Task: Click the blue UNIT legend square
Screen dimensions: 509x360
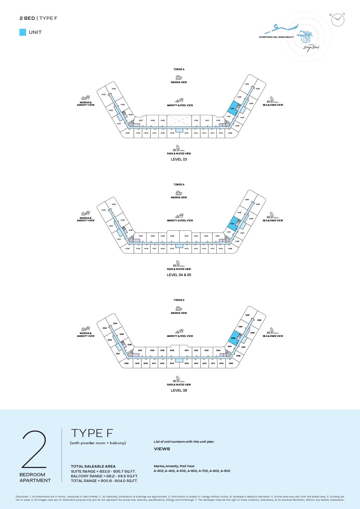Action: click(23, 32)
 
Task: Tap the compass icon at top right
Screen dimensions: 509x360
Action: click(338, 19)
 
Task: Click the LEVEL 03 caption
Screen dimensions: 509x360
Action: click(179, 159)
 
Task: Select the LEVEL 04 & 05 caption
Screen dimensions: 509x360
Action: click(179, 275)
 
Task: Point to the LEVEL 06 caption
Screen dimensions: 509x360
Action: click(179, 391)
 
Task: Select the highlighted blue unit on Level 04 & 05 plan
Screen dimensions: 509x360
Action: click(233, 223)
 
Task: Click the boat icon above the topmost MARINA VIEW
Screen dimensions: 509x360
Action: click(179, 77)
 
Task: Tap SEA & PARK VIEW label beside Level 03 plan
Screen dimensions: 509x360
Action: click(273, 105)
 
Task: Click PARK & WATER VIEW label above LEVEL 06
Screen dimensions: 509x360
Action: click(179, 385)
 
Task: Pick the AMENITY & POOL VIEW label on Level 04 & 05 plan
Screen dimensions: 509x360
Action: click(180, 221)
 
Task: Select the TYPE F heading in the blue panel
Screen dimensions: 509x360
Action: click(92, 433)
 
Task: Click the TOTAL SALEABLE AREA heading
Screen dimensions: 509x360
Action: click(93, 467)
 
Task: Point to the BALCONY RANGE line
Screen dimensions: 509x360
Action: click(104, 476)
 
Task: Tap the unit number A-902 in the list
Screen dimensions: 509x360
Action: click(225, 471)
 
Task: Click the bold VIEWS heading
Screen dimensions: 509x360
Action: click(162, 449)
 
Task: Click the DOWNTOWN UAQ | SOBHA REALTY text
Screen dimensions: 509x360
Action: click(276, 37)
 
